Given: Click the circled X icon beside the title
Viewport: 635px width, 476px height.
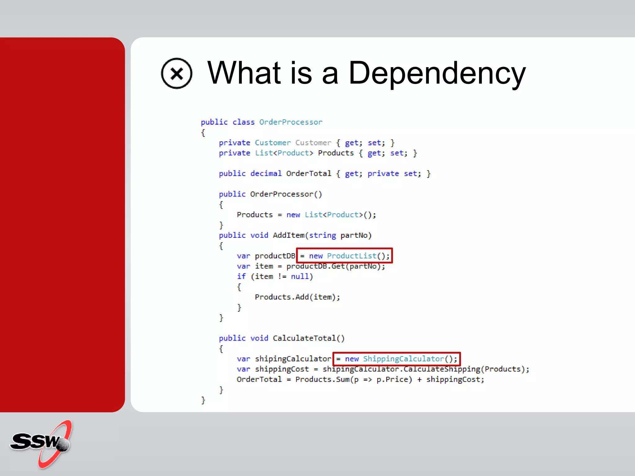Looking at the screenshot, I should [x=176, y=73].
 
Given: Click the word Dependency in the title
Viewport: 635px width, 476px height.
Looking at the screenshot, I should [x=437, y=73].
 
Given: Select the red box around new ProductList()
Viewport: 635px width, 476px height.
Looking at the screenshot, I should [x=344, y=256].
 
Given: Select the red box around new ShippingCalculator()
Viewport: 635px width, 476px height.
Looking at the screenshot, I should [x=396, y=359].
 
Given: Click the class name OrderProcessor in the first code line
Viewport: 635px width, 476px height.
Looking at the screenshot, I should [x=291, y=122].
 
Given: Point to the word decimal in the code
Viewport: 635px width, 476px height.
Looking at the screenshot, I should [x=266, y=174].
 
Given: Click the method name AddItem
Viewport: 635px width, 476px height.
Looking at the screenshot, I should [x=289, y=236].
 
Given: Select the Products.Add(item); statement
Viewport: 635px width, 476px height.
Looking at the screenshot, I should [x=297, y=297].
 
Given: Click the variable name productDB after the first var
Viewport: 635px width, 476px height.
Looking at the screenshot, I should [x=275, y=256].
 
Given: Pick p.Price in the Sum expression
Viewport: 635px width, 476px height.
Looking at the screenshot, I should [x=394, y=380].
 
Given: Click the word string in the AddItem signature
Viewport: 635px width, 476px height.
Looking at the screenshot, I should [x=322, y=236].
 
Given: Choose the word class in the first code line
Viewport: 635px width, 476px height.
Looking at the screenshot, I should [x=243, y=122].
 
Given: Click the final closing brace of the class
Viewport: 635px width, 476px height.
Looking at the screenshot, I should [x=203, y=400].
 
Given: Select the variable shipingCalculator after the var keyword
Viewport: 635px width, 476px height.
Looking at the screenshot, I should [x=293, y=359].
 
